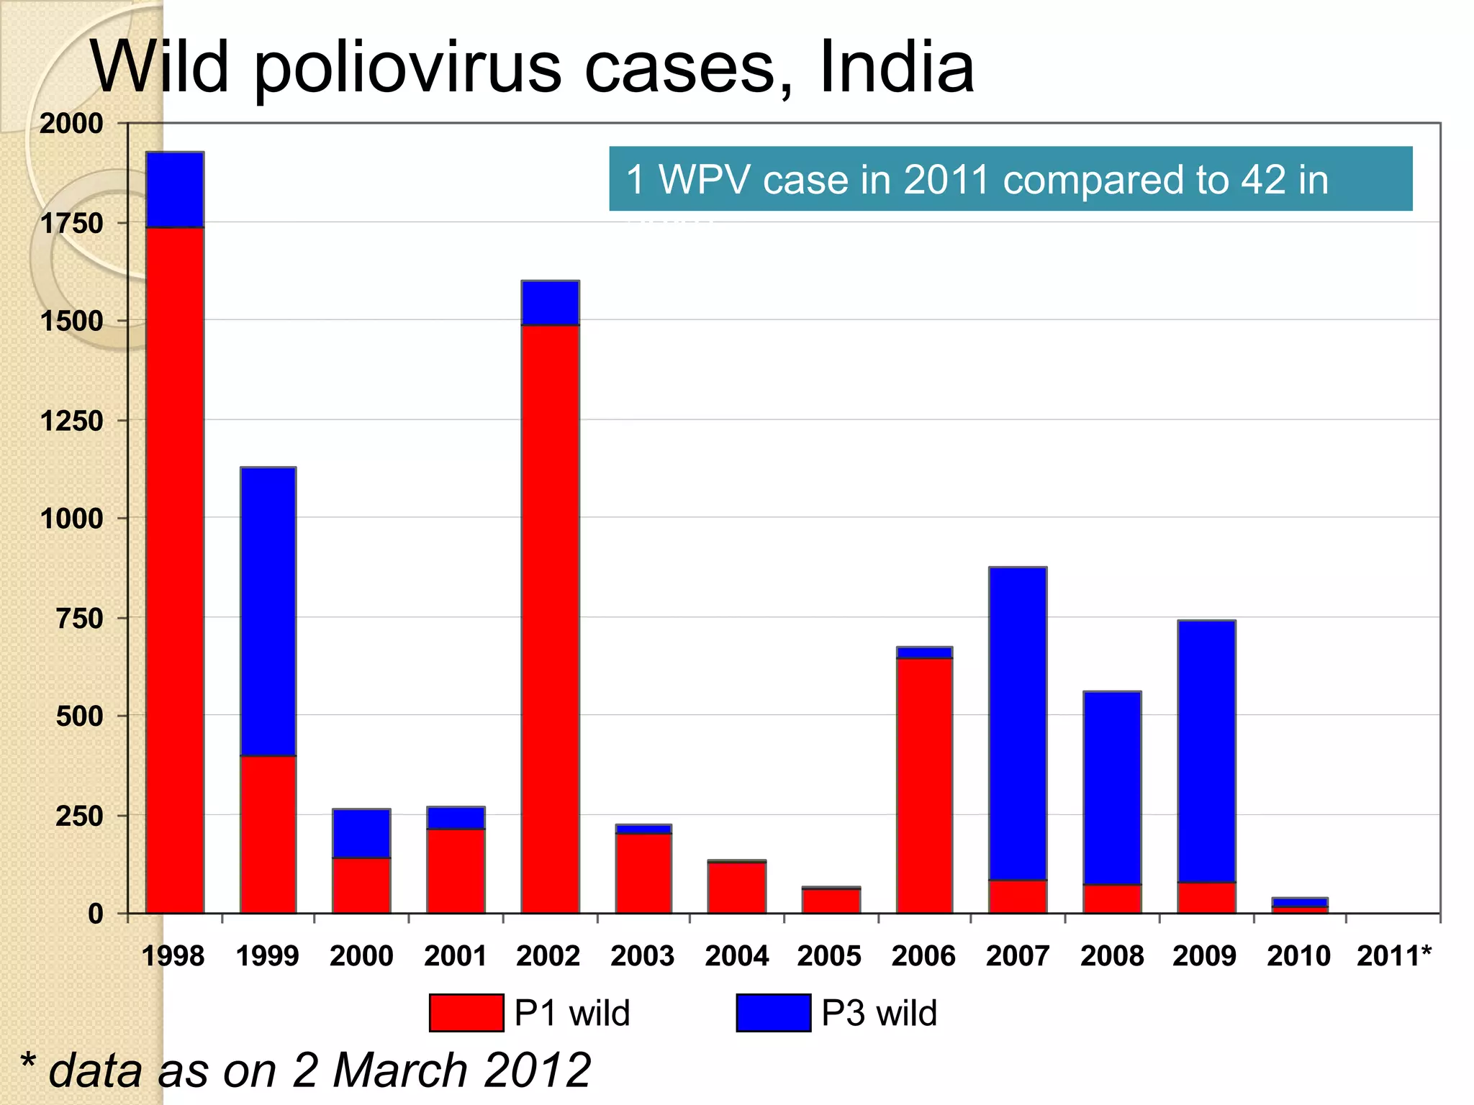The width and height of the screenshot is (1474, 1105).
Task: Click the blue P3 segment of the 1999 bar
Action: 268,611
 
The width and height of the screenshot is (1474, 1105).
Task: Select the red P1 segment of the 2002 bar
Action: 550,619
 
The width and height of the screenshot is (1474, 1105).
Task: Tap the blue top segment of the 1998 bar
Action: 175,190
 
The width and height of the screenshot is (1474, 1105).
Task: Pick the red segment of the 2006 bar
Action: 924,784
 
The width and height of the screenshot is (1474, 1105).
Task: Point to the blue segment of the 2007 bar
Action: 1018,723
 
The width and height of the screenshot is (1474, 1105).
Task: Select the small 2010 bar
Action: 1299,905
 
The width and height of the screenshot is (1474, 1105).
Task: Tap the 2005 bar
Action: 831,900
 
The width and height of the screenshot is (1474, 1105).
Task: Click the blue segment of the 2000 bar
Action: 361,833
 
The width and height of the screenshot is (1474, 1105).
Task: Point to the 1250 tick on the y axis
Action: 72,421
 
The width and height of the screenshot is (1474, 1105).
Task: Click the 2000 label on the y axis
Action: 72,124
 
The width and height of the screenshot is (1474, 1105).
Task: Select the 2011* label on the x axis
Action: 1393,956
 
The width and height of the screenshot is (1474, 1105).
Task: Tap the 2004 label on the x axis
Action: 736,956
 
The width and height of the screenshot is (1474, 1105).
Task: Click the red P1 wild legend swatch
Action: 466,1012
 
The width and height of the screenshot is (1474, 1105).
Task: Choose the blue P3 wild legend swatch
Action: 773,1012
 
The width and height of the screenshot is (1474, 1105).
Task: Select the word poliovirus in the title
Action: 407,68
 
